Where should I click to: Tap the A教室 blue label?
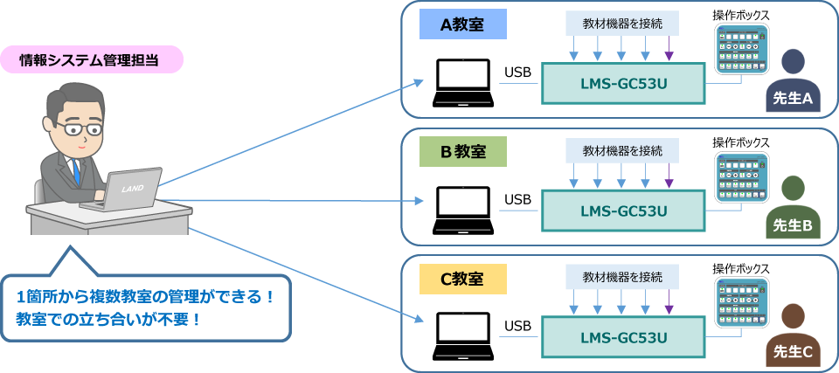pos(462,24)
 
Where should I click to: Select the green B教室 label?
pos(462,152)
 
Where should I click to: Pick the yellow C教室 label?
pos(462,280)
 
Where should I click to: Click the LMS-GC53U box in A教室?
pos(622,84)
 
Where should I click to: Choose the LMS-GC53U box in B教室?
pos(622,211)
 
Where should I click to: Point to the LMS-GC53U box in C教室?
pos(622,338)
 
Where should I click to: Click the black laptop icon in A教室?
pos(463,84)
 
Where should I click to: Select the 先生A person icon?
pos(793,82)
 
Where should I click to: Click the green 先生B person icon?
pos(793,209)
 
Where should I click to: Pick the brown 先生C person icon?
pos(793,336)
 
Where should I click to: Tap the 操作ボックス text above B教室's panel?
pos(740,142)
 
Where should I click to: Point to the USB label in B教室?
pos(517,200)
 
